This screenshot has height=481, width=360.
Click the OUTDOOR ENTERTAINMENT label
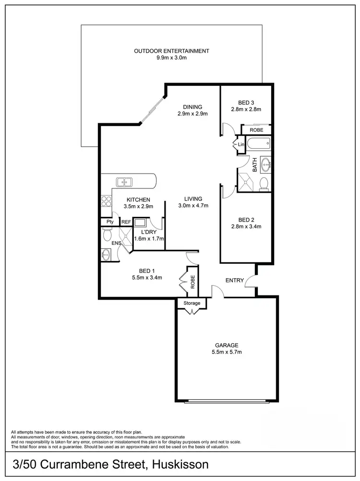(x=171, y=51)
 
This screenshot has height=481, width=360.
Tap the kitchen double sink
(x=124, y=182)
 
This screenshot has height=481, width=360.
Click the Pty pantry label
(x=110, y=222)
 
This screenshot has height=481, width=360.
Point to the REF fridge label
(x=126, y=222)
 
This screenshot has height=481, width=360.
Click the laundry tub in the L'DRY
(x=141, y=223)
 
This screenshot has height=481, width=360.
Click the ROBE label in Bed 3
(x=256, y=130)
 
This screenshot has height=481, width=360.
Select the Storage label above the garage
(x=192, y=304)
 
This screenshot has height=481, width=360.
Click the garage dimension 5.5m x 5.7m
(x=227, y=352)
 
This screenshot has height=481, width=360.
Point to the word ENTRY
(x=234, y=281)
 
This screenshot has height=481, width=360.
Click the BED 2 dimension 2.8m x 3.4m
(x=246, y=227)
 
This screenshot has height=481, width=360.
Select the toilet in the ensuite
(x=107, y=235)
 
